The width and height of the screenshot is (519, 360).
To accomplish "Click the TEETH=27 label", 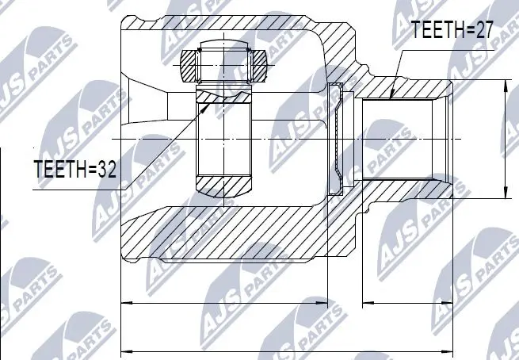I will (452, 31).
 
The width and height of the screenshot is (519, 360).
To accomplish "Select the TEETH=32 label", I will (75, 169).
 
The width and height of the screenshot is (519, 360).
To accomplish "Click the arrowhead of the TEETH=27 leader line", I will (392, 98).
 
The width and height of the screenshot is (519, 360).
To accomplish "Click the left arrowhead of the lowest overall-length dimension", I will (124, 350).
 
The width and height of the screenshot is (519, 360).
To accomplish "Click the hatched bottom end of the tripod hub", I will (223, 187).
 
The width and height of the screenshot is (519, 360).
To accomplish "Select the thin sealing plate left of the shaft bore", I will (338, 140).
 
